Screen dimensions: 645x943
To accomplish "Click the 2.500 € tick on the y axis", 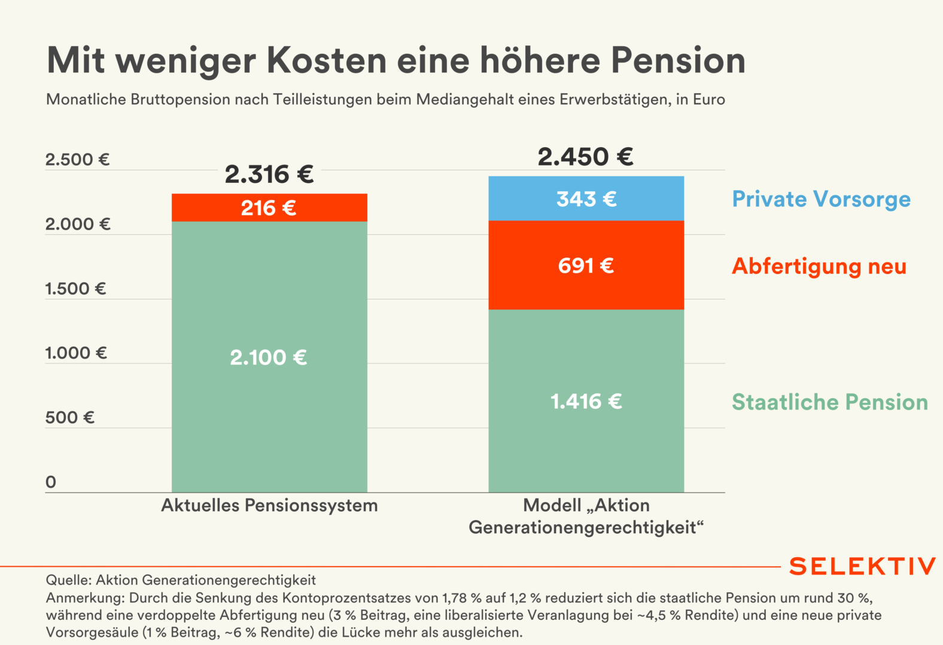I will coord(77,160).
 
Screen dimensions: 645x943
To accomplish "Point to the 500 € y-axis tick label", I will coord(69,417).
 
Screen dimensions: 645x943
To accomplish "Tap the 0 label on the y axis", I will coord(51,482).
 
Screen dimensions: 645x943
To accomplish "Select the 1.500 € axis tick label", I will coord(75,289).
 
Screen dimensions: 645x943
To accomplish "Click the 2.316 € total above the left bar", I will coord(269,175).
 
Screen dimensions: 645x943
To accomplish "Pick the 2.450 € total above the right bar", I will coord(585,157).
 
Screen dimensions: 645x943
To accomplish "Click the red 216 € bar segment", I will coord(269,208).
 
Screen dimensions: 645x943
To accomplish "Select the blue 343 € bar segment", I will coord(586,199).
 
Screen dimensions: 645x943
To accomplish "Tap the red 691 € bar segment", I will coord(586,265).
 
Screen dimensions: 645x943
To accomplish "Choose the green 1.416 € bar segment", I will coord(586,401).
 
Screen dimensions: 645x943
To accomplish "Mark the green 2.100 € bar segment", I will coord(269,357).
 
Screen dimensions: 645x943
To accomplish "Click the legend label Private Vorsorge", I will coord(821,199).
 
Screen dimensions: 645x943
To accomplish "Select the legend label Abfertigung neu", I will coord(819,266).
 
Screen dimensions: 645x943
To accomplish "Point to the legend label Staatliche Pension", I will coord(829,402).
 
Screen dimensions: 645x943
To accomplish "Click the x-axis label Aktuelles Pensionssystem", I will coord(269,506).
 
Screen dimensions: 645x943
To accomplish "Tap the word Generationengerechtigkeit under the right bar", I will coord(586,528).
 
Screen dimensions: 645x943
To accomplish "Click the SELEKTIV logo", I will coord(862,566).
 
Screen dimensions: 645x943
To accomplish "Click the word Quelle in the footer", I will coord(68,580).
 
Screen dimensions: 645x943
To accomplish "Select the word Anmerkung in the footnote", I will coord(84,598).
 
